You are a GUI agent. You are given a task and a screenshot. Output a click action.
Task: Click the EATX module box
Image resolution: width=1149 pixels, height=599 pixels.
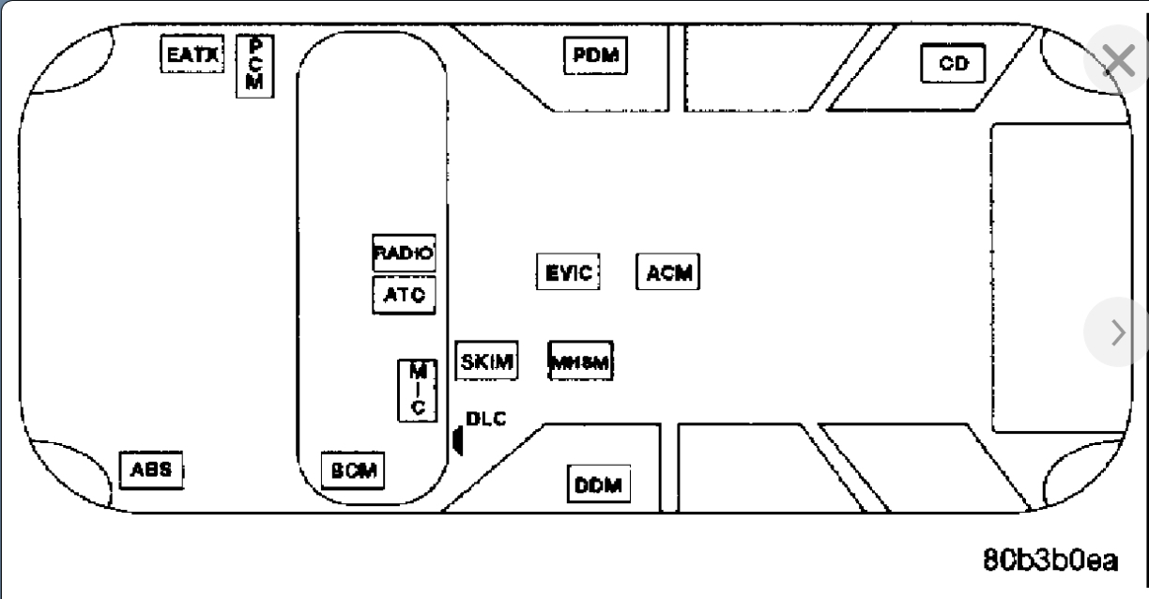pyautogui.click(x=191, y=54)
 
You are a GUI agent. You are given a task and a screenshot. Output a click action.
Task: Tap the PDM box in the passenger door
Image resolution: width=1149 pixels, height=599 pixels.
pyautogui.click(x=595, y=55)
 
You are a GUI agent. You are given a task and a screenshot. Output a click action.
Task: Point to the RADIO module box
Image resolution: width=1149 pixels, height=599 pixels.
pyautogui.click(x=405, y=252)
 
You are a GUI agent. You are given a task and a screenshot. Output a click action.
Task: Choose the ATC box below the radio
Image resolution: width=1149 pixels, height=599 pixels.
pyautogui.click(x=405, y=294)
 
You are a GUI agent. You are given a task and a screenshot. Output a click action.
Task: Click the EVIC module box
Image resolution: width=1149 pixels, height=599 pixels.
pyautogui.click(x=568, y=272)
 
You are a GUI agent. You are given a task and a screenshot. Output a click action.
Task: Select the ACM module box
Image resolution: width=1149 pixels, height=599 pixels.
pyautogui.click(x=669, y=272)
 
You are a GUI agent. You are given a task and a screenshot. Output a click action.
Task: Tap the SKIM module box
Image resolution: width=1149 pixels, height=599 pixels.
pyautogui.click(x=486, y=362)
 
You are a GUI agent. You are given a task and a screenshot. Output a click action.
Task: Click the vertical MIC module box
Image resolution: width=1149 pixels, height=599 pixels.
pyautogui.click(x=420, y=390)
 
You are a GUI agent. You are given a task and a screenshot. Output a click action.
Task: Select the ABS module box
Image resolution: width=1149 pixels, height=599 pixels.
pyautogui.click(x=150, y=469)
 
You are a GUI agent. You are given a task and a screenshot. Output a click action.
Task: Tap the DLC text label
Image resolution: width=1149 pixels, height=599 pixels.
pyautogui.click(x=486, y=419)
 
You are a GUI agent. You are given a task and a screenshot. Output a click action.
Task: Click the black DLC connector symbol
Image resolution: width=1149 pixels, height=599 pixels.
pyautogui.click(x=457, y=438)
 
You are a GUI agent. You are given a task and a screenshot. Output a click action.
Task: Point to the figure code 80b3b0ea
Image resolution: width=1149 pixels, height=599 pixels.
pyautogui.click(x=1050, y=561)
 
